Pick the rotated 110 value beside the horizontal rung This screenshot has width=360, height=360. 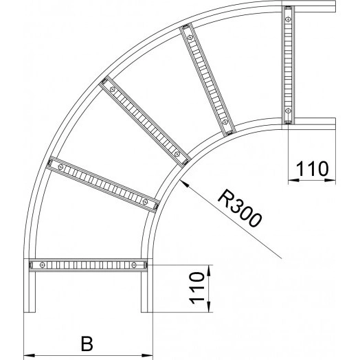pyautogui.click(x=196, y=289)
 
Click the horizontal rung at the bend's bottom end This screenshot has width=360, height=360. pyautogui.click(x=88, y=263)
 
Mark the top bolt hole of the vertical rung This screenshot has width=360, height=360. pyautogui.click(x=288, y=14)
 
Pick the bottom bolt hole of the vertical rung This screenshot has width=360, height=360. pyautogui.click(x=288, y=112)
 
